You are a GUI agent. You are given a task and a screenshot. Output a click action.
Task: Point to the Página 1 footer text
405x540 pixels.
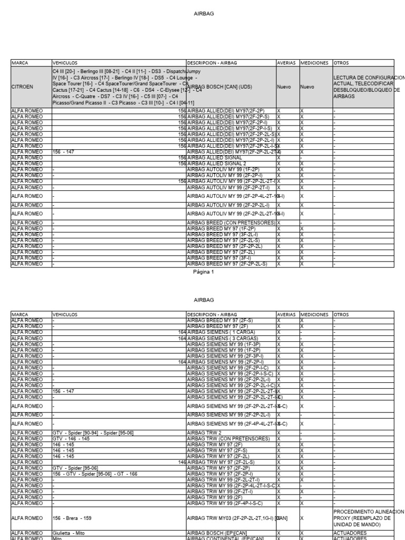(x=204, y=272)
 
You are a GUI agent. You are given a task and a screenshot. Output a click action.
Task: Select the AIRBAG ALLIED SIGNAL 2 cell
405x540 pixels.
(x=218, y=163)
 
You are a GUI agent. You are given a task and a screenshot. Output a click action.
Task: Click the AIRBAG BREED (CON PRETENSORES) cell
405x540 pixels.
(x=231, y=223)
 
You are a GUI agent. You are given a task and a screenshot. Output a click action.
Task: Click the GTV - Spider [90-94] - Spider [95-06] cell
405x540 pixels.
(x=93, y=432)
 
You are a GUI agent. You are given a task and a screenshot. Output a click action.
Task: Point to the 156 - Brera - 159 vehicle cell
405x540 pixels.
(x=72, y=518)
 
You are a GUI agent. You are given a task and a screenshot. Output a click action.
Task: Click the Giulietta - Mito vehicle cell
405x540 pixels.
(x=69, y=533)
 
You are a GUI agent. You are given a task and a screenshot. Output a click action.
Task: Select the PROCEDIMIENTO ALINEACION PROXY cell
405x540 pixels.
(x=368, y=518)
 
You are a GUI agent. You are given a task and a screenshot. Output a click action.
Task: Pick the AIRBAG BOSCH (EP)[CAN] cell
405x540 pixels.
(x=219, y=533)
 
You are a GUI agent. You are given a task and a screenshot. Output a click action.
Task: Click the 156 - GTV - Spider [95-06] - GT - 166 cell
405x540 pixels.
(x=95, y=473)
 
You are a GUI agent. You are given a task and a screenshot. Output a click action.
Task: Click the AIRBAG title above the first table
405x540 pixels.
(x=204, y=14)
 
